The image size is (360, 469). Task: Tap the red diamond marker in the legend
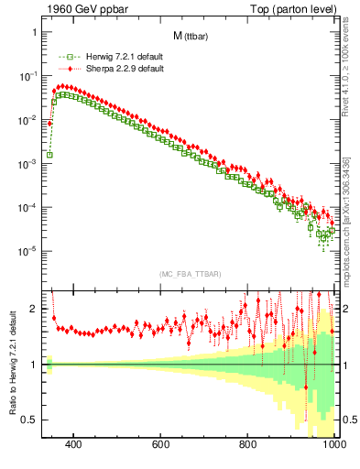[x=63, y=69]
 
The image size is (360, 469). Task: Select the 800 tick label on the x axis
[x=248, y=446]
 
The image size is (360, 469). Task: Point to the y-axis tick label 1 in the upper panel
[x=34, y=32]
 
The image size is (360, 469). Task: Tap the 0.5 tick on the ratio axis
[x=29, y=420]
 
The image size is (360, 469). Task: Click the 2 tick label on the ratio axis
[x=34, y=309]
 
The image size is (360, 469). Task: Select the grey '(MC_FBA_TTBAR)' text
[x=190, y=275]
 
